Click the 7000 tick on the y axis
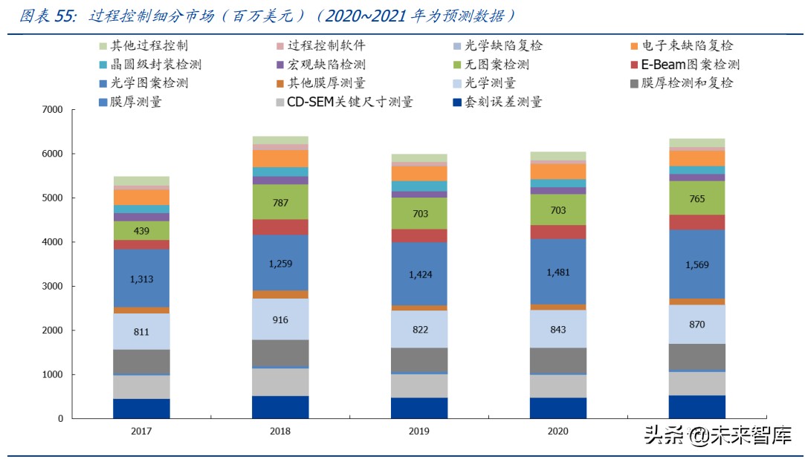click(x=52, y=110)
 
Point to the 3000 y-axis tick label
click(x=52, y=287)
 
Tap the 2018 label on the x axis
click(x=280, y=431)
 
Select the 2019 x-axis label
click(x=418, y=431)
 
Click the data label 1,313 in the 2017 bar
click(x=141, y=278)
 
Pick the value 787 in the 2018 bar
click(x=280, y=202)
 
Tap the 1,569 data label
click(x=696, y=264)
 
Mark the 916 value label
click(x=280, y=319)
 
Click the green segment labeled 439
click(x=141, y=231)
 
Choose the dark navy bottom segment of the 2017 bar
click(x=141, y=408)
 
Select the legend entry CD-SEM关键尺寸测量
click(x=350, y=102)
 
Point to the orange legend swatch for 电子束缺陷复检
click(x=635, y=46)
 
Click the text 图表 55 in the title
click(x=45, y=16)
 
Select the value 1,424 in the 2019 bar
click(x=418, y=274)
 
